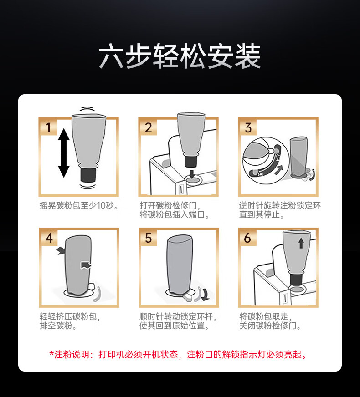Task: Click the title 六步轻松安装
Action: point(180,56)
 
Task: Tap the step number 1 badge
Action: point(48,127)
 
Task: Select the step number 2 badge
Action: point(149,127)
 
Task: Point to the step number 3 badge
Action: point(248,127)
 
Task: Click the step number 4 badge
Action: point(49,238)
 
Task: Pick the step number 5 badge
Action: point(149,238)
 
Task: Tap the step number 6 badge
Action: point(248,238)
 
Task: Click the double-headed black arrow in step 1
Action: point(64,153)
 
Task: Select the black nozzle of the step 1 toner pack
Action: point(88,175)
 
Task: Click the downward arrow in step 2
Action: point(192,174)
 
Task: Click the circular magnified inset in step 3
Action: point(266,161)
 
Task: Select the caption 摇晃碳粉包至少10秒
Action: point(79,205)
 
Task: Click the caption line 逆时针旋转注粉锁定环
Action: point(280,205)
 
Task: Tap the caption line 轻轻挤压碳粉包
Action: point(70,316)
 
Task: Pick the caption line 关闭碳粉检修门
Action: point(270,326)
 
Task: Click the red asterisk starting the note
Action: point(51,353)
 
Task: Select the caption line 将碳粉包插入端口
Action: point(175,215)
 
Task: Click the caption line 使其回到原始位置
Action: point(175,326)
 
